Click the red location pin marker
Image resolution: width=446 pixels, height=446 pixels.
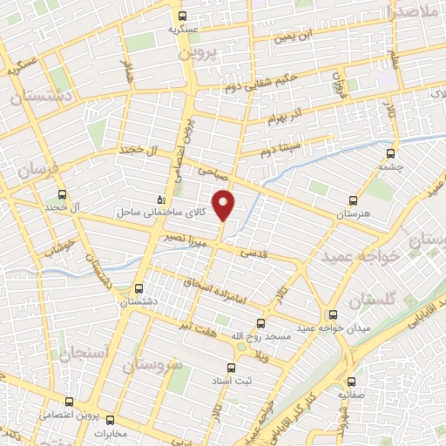click(x=225, y=205)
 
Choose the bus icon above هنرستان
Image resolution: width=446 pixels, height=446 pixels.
click(x=353, y=199)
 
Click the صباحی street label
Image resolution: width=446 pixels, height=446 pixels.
click(x=213, y=172)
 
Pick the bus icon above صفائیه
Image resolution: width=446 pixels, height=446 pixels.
click(x=352, y=381)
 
